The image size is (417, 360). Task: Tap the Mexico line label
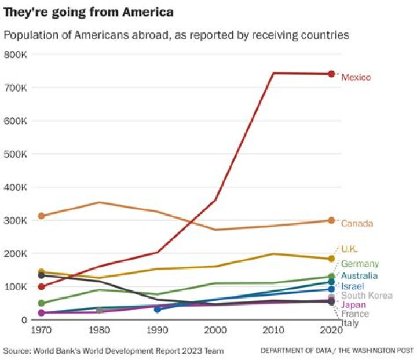(x=356, y=77)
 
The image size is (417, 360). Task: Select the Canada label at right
(x=357, y=223)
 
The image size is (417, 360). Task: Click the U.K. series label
(x=349, y=249)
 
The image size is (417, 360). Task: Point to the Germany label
(x=360, y=264)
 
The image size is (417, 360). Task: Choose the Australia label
(x=359, y=276)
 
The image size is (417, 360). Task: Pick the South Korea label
(x=367, y=296)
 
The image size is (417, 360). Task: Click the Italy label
(x=350, y=323)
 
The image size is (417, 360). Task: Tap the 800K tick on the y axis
(x=16, y=54)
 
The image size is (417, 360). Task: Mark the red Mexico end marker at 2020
(x=331, y=74)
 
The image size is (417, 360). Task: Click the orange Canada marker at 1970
(x=41, y=216)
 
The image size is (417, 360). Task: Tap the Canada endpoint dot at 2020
(x=331, y=220)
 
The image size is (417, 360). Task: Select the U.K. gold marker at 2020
(x=331, y=259)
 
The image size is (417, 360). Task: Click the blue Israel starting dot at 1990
(x=157, y=310)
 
